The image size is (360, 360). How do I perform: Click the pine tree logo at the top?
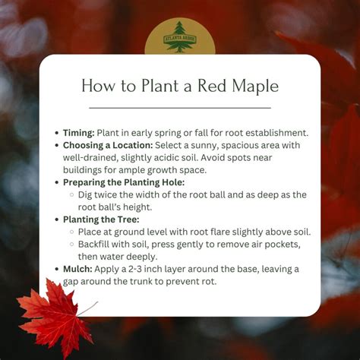coord(179,36)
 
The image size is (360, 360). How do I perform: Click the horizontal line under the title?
coord(179,108)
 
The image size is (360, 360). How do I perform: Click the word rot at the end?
coord(210,282)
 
